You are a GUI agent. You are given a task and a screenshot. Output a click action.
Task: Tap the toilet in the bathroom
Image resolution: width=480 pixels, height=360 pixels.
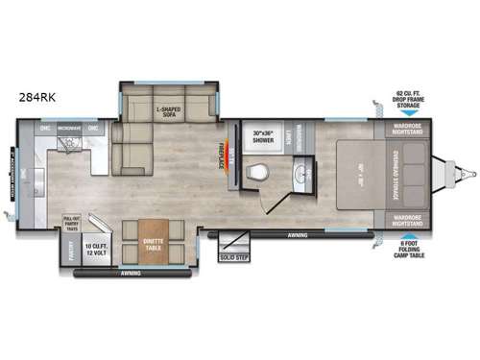(257, 172)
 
